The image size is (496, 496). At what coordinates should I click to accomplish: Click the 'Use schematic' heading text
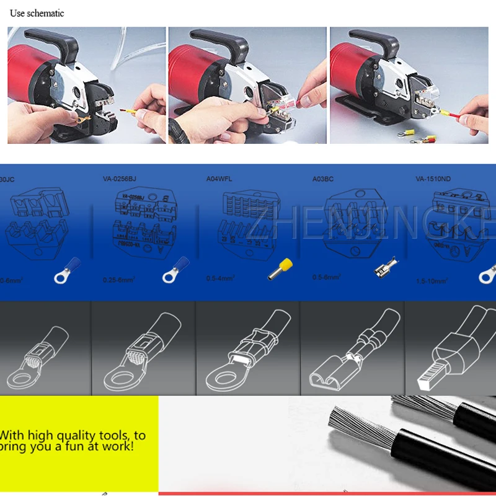(37, 13)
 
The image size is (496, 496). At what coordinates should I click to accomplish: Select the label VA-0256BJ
(119, 179)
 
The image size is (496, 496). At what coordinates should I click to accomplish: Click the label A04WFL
(218, 179)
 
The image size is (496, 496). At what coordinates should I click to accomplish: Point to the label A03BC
(323, 179)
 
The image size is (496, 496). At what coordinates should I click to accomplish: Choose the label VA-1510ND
(433, 179)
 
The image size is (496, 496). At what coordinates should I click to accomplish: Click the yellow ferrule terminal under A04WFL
(280, 268)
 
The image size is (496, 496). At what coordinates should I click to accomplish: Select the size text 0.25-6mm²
(120, 280)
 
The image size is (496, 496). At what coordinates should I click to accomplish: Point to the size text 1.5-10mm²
(432, 280)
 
